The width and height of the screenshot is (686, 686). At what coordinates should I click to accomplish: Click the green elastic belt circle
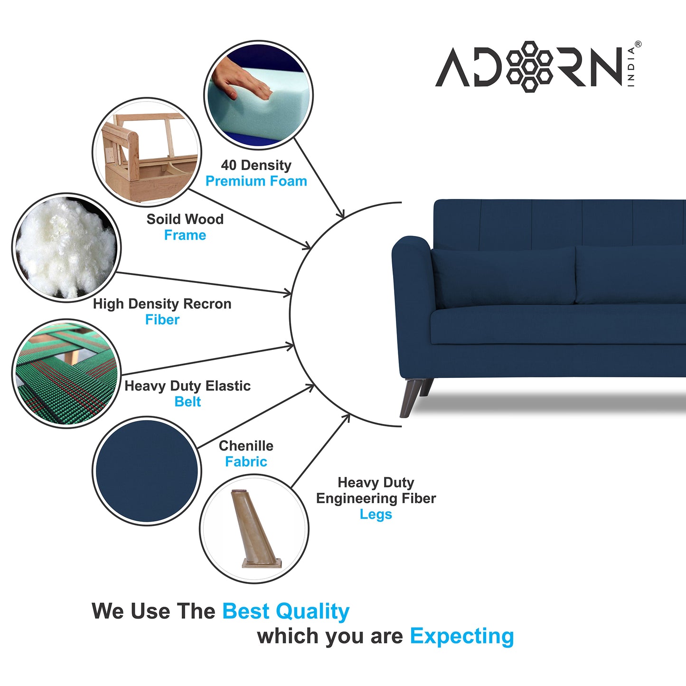pyautogui.click(x=66, y=373)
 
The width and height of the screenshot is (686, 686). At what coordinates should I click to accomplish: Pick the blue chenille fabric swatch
pyautogui.click(x=147, y=470)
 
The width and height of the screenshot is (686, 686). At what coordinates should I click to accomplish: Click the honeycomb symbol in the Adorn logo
pyautogui.click(x=529, y=66)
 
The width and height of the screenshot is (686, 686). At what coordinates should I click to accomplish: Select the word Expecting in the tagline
pyautogui.click(x=461, y=636)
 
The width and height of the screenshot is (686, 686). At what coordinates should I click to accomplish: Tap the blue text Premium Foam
pyautogui.click(x=256, y=181)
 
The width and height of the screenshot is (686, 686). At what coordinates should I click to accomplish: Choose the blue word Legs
pyautogui.click(x=376, y=515)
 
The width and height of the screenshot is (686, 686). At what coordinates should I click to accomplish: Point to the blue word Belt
pyautogui.click(x=188, y=402)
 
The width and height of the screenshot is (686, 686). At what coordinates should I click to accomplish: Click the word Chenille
pyautogui.click(x=246, y=446)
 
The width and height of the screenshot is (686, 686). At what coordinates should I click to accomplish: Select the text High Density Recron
pyautogui.click(x=162, y=304)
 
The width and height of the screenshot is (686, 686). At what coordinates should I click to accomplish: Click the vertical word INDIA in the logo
pyautogui.click(x=631, y=66)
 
